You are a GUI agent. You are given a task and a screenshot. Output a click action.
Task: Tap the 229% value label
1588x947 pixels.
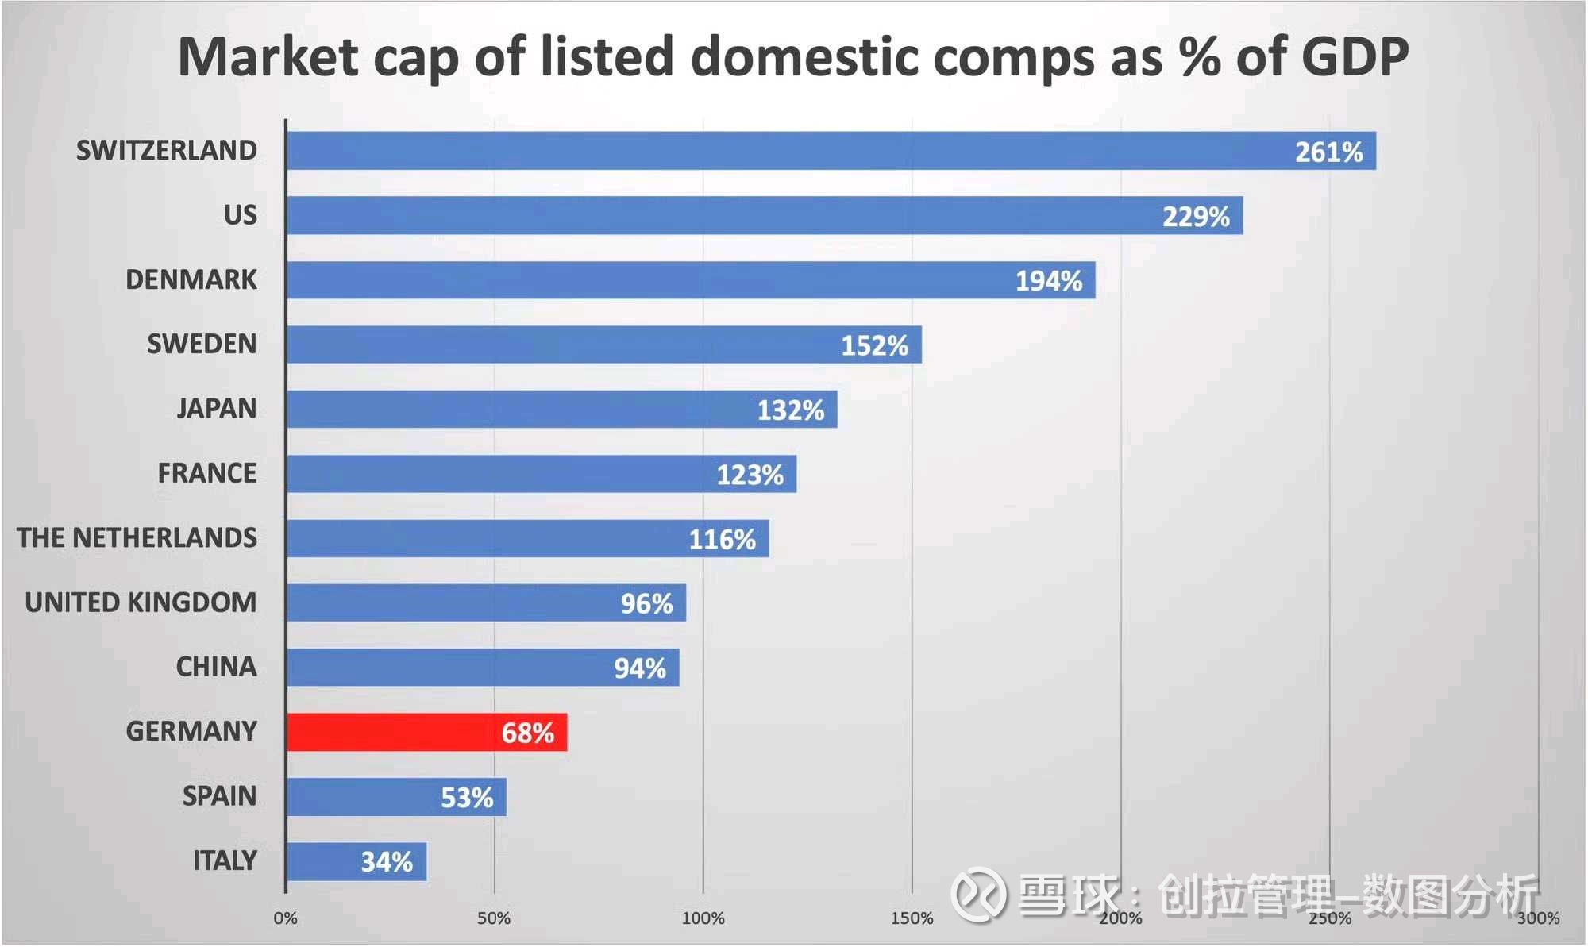(x=1196, y=217)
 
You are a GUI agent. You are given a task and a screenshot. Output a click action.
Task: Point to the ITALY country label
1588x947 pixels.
(x=225, y=860)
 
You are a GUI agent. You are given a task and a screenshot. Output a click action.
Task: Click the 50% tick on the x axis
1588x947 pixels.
(x=494, y=918)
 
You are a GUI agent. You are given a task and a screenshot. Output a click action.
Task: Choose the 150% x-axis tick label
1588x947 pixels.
(x=912, y=918)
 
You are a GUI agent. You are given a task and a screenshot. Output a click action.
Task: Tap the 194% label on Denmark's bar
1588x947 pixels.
(x=1049, y=281)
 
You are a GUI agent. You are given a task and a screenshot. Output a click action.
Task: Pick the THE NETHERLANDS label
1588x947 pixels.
(x=137, y=538)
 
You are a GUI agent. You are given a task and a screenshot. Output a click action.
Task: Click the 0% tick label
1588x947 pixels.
(x=286, y=918)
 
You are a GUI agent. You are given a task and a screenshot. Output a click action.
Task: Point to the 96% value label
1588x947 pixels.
(x=646, y=604)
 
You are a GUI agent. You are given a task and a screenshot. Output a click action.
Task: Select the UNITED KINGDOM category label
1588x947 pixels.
(x=141, y=602)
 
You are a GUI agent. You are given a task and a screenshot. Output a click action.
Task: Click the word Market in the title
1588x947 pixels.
(x=268, y=57)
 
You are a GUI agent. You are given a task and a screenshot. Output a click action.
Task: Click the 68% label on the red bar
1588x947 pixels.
(x=527, y=733)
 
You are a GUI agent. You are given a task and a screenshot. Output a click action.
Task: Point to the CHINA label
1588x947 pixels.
(x=217, y=667)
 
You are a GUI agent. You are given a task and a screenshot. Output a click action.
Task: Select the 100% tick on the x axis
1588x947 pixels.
(x=703, y=918)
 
